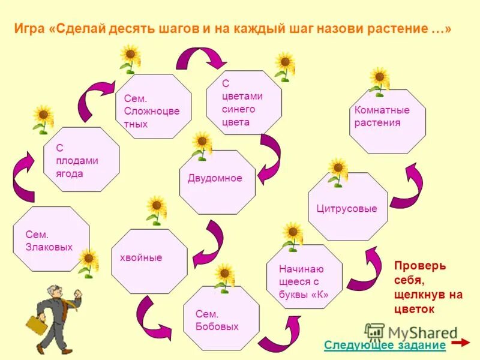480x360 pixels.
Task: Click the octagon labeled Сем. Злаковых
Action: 50,239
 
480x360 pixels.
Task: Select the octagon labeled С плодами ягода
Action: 82,160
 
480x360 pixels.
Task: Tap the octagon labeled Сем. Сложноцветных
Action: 153,107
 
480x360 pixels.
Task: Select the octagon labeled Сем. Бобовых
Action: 221,318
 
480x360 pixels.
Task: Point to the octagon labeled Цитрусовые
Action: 347,207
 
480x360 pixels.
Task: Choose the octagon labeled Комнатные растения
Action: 387,121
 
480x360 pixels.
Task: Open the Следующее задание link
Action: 385,345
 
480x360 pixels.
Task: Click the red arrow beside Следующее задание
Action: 460,343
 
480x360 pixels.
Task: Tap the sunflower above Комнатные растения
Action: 379,80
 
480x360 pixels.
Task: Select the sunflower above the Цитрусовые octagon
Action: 338,171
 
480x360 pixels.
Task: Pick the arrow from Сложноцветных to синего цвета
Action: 200,59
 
